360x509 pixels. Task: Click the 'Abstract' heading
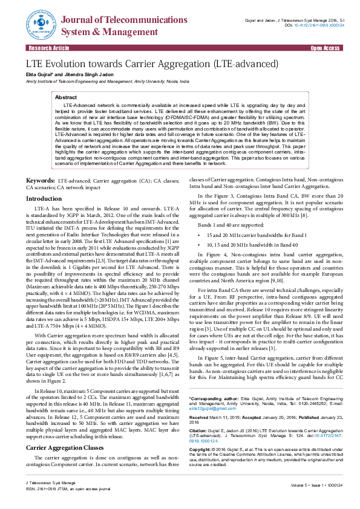pyautogui.click(x=66, y=97)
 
